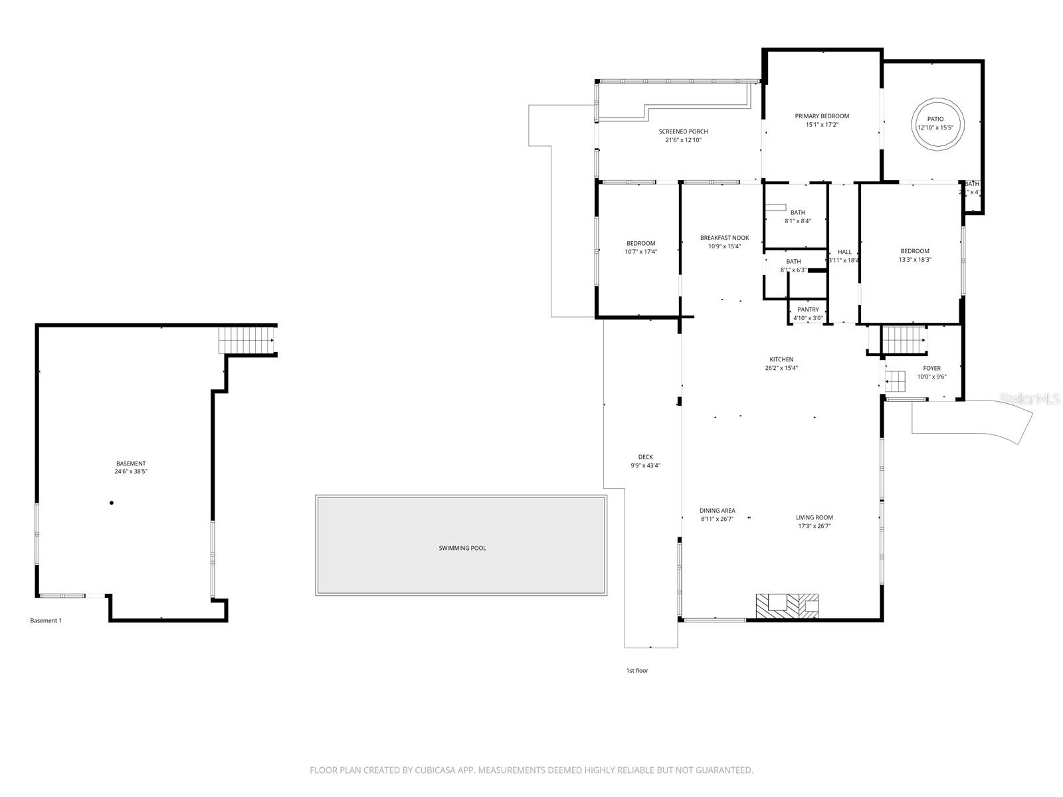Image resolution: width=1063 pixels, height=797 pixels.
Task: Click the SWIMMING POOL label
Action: (462, 548)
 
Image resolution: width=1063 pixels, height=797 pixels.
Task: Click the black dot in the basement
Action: (112, 503)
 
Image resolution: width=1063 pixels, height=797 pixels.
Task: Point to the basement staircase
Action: (247, 340)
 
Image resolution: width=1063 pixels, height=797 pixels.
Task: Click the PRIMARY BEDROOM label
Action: (822, 116)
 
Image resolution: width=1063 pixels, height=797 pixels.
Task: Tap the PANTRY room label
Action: (808, 310)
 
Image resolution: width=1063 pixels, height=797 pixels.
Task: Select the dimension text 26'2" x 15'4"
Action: (781, 368)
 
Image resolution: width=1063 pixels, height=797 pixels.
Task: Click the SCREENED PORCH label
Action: (683, 132)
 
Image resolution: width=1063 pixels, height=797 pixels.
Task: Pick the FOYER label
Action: (931, 368)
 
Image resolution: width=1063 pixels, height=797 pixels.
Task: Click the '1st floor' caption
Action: (636, 671)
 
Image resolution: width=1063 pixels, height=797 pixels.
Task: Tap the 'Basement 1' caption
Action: (46, 621)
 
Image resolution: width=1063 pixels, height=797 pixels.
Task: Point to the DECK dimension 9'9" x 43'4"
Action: (645, 466)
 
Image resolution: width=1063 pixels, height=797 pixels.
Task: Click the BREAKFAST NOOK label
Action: (724, 238)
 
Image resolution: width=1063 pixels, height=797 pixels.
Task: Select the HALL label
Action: (844, 252)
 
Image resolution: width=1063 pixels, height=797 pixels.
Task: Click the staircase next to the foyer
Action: (904, 340)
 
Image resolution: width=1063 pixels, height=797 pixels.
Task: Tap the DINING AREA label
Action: (717, 511)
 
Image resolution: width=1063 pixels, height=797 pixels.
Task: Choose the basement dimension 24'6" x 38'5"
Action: (131, 472)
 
